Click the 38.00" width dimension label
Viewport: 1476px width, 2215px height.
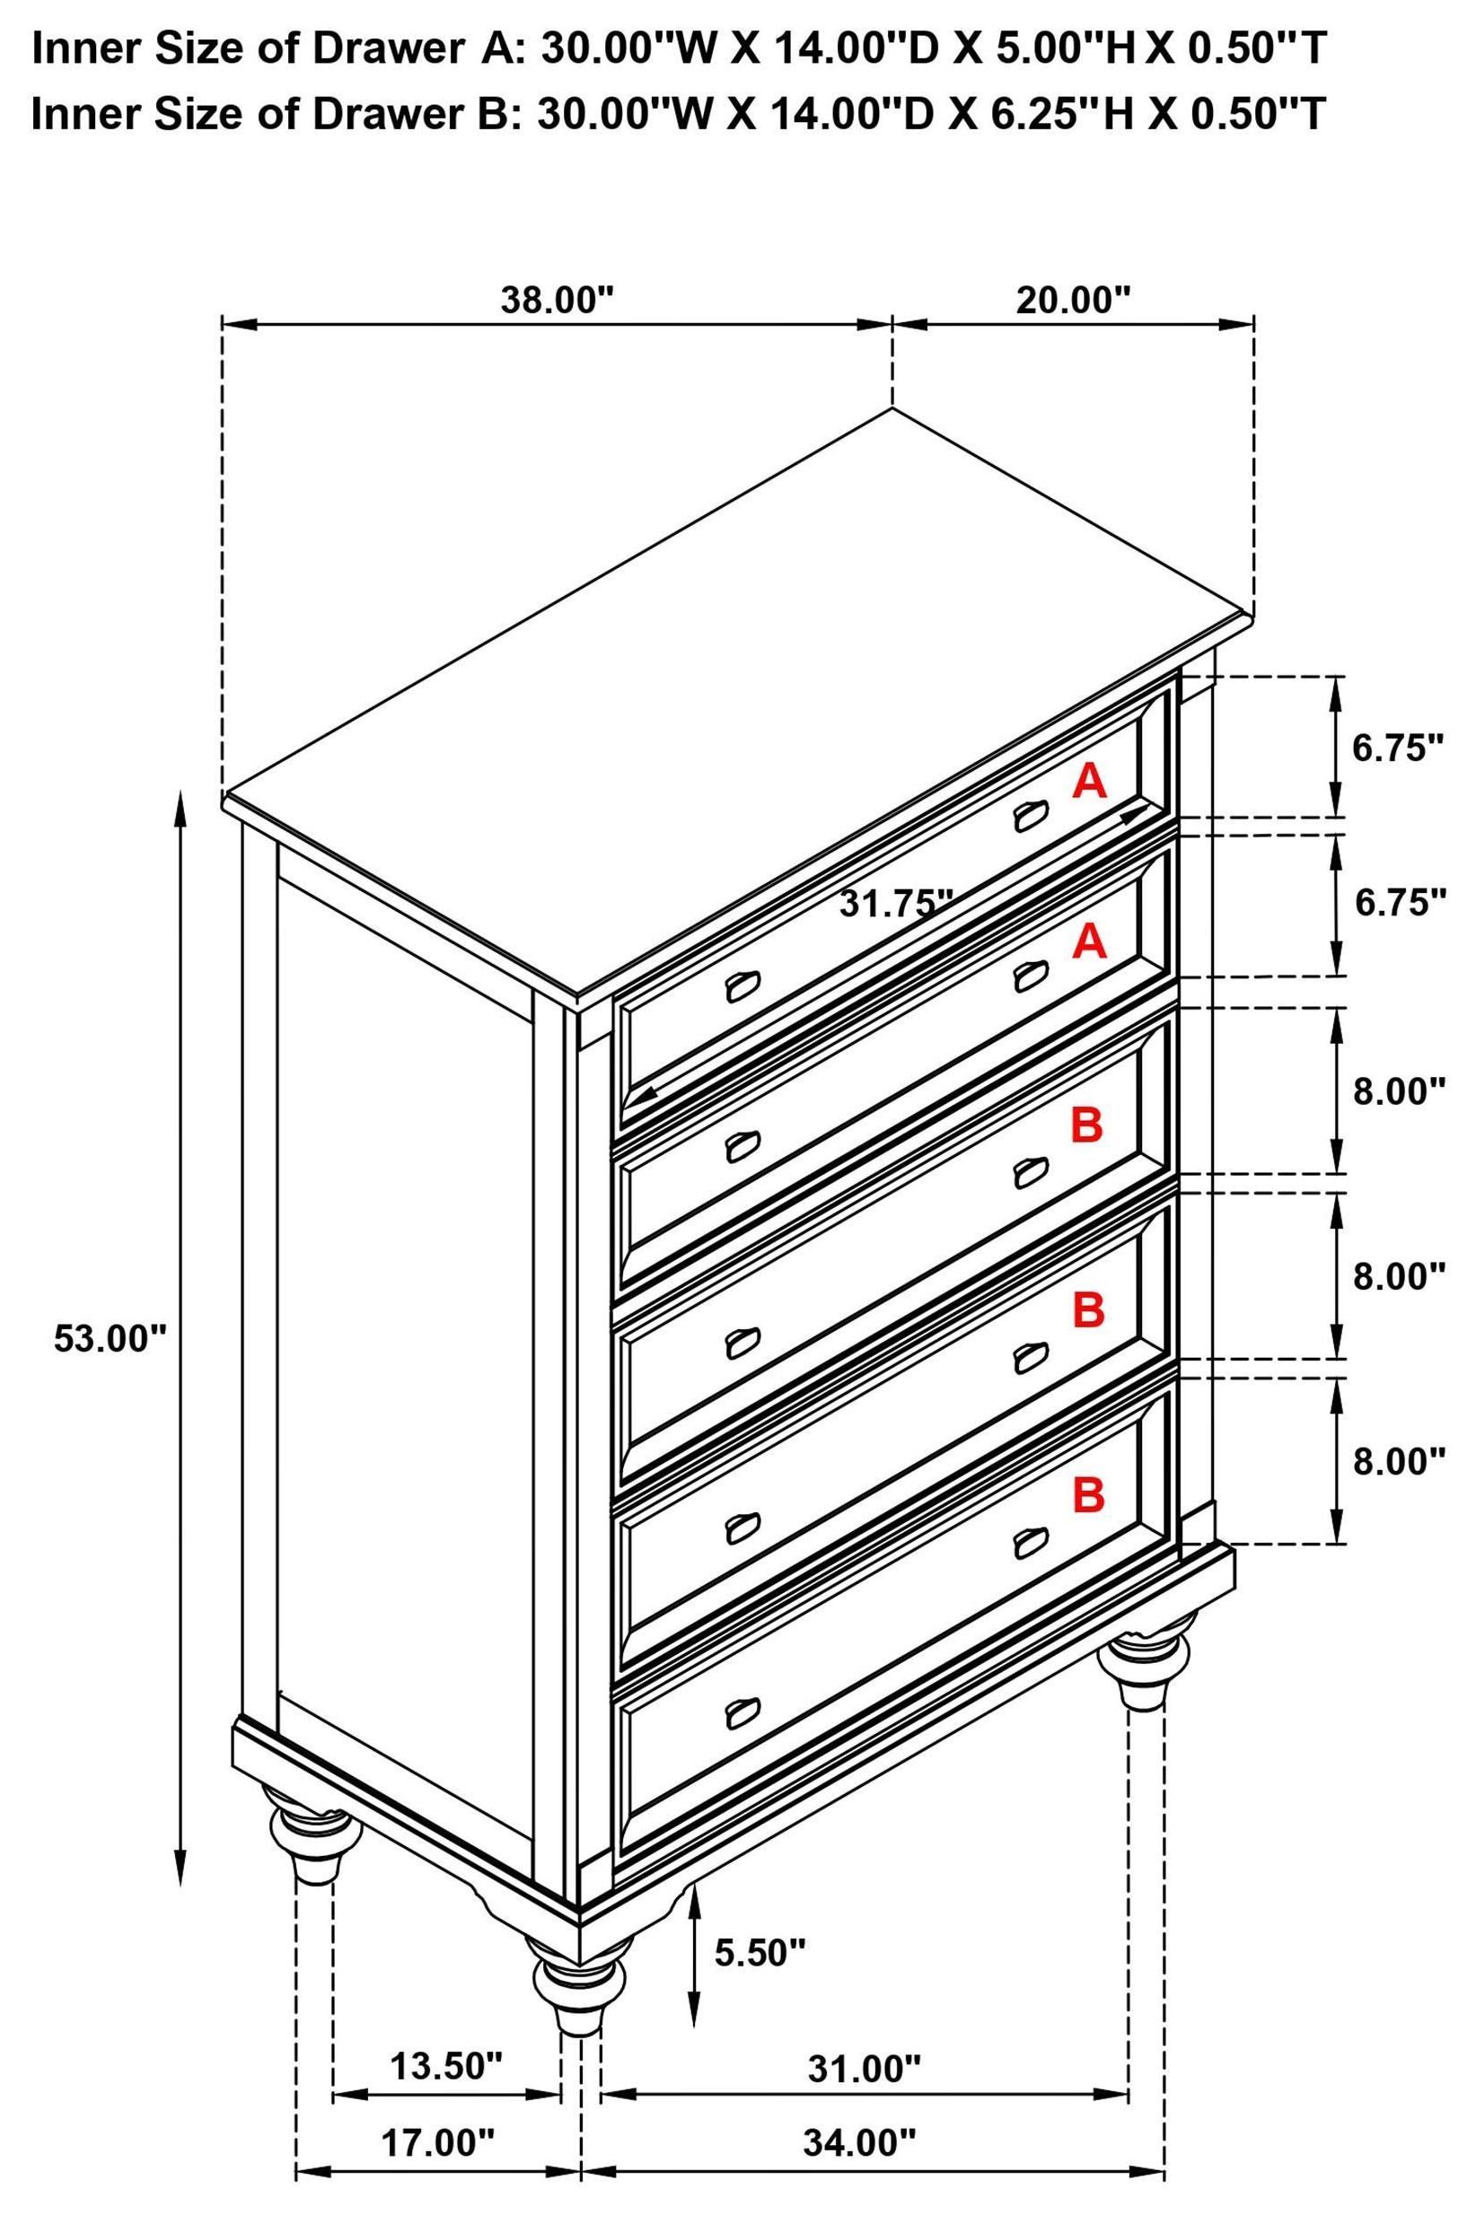(557, 301)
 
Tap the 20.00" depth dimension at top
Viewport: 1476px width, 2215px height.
(1072, 301)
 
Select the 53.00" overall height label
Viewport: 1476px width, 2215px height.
(110, 1337)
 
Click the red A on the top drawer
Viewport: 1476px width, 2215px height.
(1089, 781)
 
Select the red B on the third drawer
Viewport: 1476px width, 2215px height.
(1087, 1125)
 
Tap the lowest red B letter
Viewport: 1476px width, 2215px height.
(1088, 1494)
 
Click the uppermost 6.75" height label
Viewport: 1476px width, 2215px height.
(1398, 749)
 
